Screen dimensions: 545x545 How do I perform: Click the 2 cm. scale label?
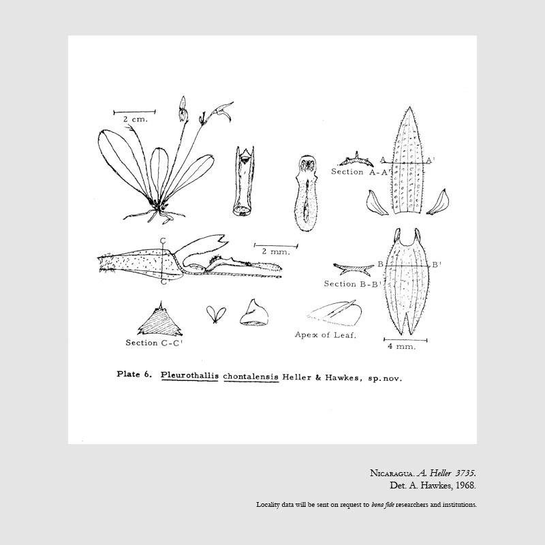coord(136,119)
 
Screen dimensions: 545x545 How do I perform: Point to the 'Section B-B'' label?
coord(349,283)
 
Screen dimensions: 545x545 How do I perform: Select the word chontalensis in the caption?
coord(251,375)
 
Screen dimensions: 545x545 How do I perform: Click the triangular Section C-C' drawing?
coord(163,319)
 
